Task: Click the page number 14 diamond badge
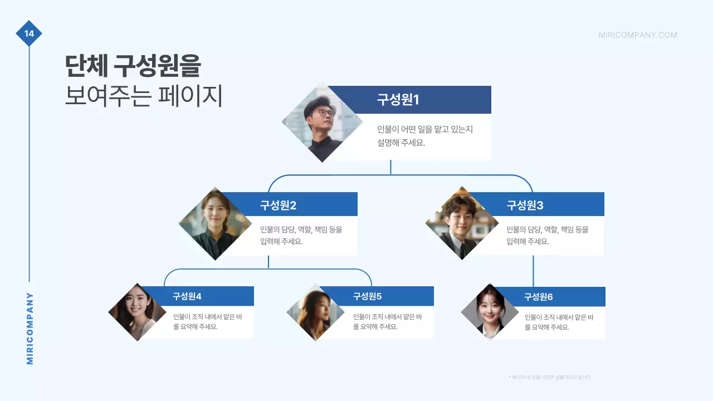pyautogui.click(x=29, y=33)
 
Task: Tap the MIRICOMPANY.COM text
pyautogui.click(x=638, y=35)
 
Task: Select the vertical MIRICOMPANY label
pyautogui.click(x=30, y=329)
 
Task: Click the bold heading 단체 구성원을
pyautogui.click(x=133, y=67)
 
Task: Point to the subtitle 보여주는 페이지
pyautogui.click(x=144, y=96)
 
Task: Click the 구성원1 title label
pyautogui.click(x=398, y=100)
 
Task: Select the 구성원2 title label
pyautogui.click(x=278, y=205)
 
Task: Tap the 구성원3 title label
pyautogui.click(x=525, y=205)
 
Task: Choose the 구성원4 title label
pyautogui.click(x=187, y=296)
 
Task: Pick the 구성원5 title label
pyautogui.click(x=367, y=296)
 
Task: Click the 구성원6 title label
pyautogui.click(x=538, y=297)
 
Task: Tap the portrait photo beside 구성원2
pyautogui.click(x=215, y=224)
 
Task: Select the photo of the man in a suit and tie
pyautogui.click(x=462, y=224)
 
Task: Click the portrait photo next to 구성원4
pyautogui.click(x=137, y=312)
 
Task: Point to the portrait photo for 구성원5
pyautogui.click(x=315, y=312)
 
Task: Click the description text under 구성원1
pyautogui.click(x=424, y=135)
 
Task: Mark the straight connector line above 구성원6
pyautogui.click(x=533, y=271)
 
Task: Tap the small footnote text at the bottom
pyautogui.click(x=549, y=377)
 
